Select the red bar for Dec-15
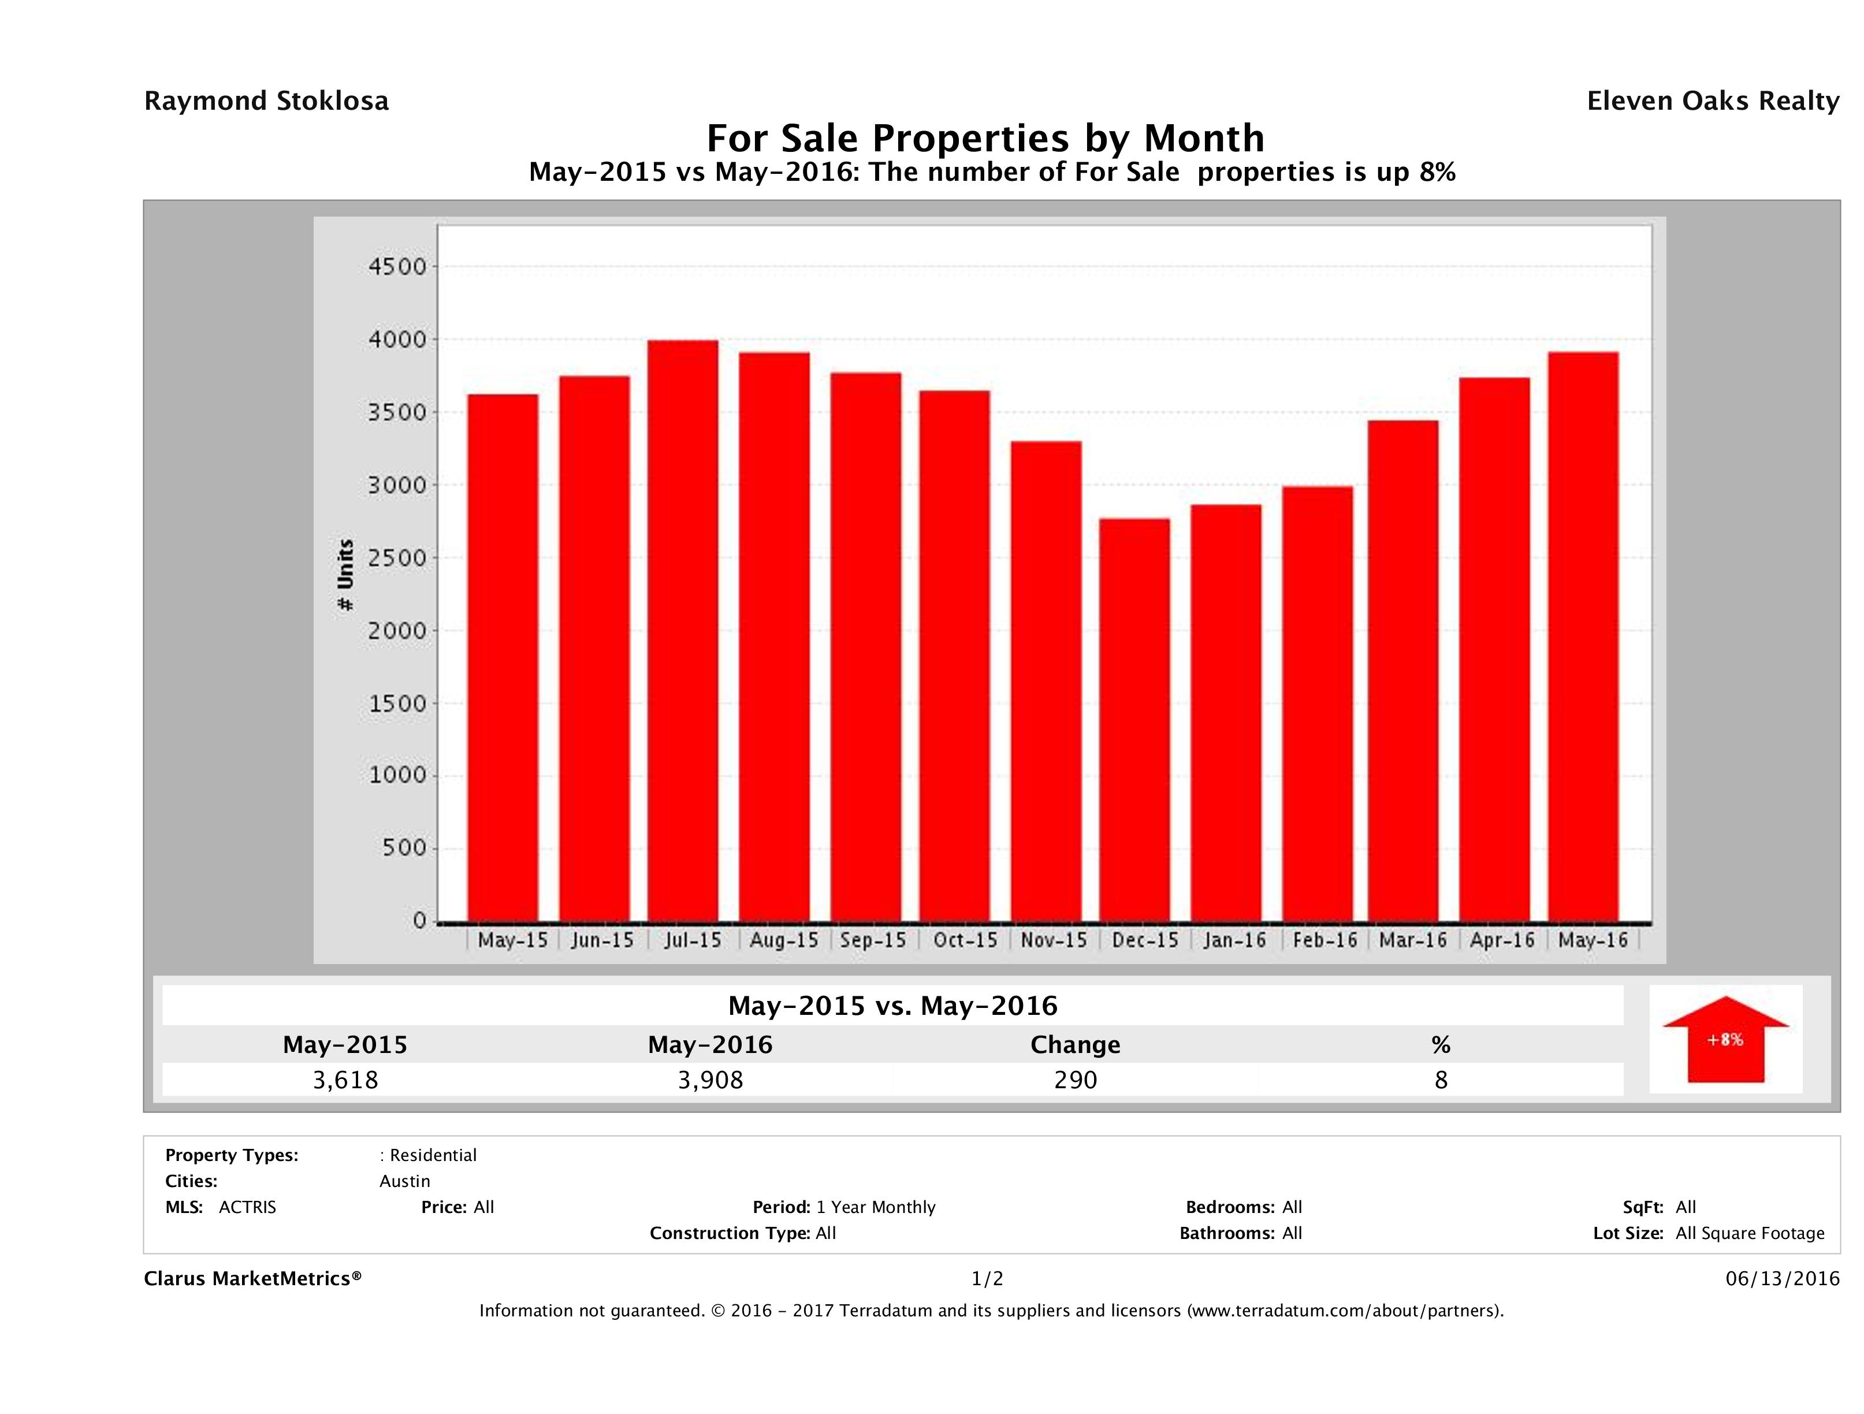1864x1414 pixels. [1134, 720]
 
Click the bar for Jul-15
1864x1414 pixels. [683, 631]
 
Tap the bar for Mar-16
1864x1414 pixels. [1403, 671]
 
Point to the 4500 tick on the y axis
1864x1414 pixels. [398, 267]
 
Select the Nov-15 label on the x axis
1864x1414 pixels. [1054, 940]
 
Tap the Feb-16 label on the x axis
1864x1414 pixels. [1324, 940]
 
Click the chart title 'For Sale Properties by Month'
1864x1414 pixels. [985, 137]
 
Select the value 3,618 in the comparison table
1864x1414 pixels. [345, 1080]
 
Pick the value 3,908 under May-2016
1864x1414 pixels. [710, 1080]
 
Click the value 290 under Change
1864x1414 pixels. [1076, 1080]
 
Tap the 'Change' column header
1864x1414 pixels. [1076, 1045]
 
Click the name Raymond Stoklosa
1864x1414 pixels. [266, 101]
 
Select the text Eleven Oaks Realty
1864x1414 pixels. [1712, 101]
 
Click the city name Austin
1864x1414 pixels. [404, 1181]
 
